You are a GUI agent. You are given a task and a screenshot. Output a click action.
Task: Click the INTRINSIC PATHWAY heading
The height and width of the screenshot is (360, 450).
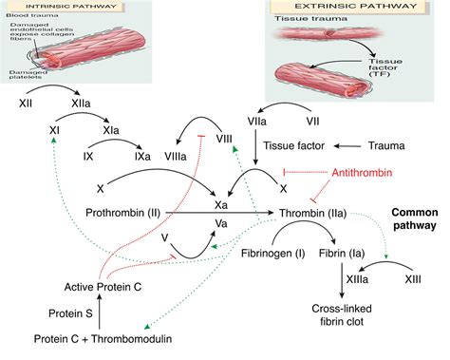pyautogui.click(x=61, y=7)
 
